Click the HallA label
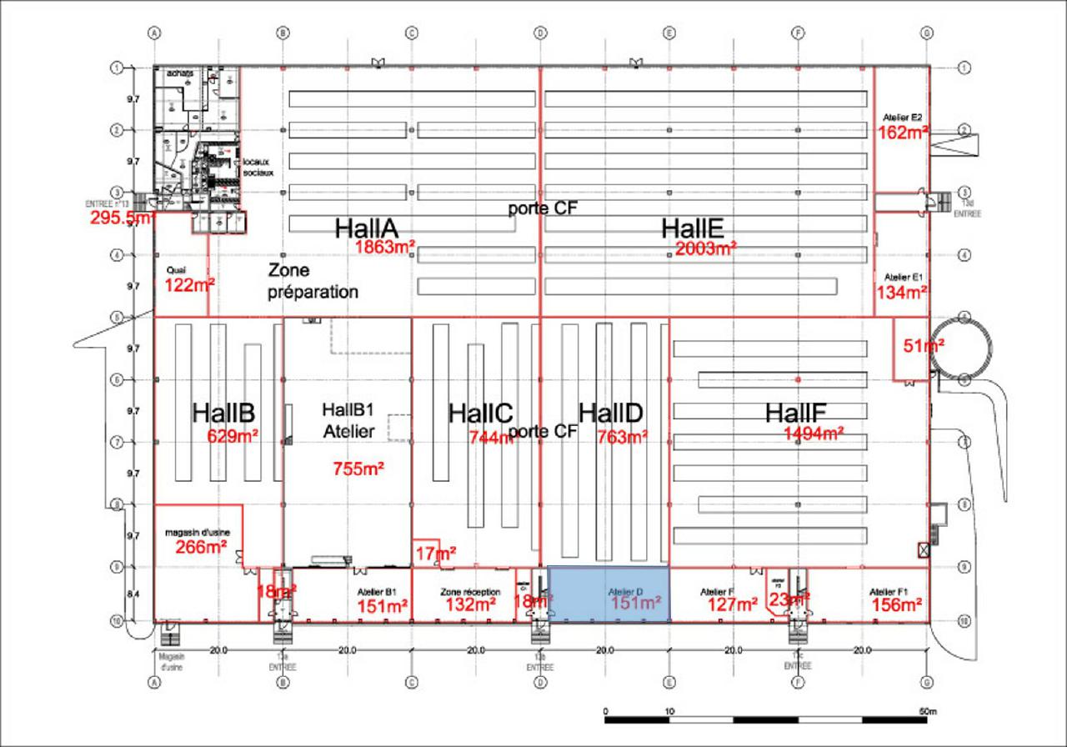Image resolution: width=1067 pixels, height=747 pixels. [366, 228]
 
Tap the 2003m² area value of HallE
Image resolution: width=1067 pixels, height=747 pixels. [706, 248]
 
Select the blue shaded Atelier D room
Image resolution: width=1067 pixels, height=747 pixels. [609, 594]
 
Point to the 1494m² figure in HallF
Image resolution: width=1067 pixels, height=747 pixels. [814, 433]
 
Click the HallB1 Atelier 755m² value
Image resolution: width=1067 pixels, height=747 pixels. [358, 469]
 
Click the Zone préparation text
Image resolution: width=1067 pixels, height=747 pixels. [313, 281]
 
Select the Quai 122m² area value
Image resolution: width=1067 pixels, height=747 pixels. [189, 285]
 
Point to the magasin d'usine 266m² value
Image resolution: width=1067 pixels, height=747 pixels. [202, 547]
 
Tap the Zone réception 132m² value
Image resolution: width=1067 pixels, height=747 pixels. [471, 605]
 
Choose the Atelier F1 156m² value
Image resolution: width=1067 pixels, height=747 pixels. [897, 605]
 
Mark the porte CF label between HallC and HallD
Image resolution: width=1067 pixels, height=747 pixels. [543, 432]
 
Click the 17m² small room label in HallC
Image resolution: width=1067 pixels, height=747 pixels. [436, 553]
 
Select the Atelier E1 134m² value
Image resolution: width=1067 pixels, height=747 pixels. [902, 292]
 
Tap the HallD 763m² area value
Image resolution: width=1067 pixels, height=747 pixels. [622, 436]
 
